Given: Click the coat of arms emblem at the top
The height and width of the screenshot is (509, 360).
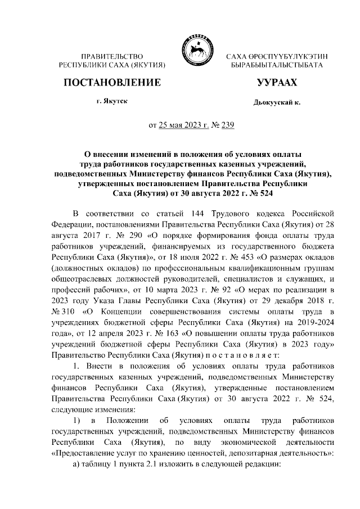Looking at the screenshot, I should [196, 49].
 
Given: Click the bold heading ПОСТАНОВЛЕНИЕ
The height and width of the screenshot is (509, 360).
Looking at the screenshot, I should [111, 83].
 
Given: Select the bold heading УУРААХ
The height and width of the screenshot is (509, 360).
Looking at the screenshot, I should [276, 83].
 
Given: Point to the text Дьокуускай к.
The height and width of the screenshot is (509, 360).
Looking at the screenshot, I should [277, 104].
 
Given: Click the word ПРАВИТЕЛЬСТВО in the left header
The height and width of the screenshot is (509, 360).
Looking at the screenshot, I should [111, 57].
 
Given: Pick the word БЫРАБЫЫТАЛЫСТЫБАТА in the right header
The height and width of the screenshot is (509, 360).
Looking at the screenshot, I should [276, 66].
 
